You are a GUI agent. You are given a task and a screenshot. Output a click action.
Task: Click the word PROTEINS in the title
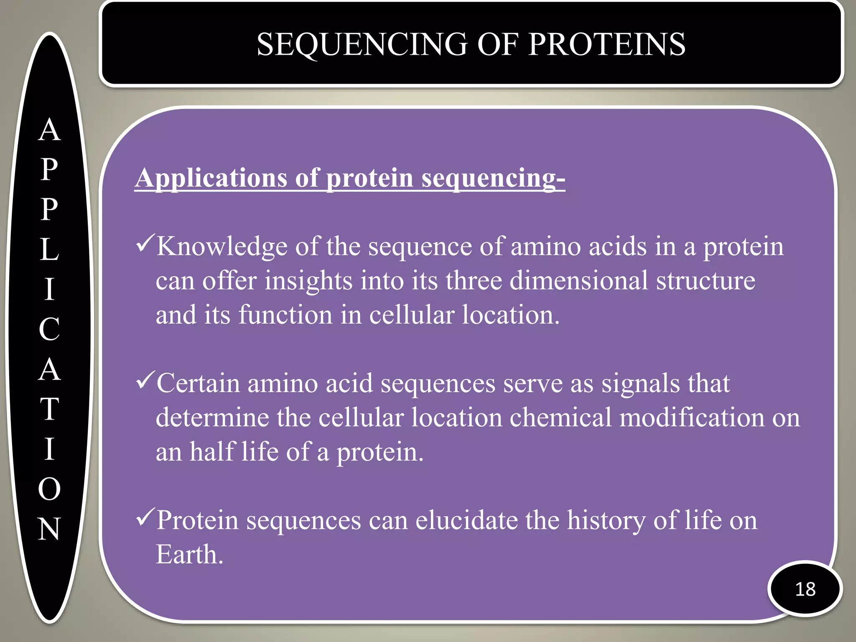(x=606, y=44)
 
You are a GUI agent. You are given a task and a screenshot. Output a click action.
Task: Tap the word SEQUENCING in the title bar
(x=362, y=44)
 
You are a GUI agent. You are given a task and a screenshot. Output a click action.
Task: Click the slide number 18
(x=805, y=589)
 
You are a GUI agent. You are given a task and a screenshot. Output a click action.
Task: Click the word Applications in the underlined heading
(x=211, y=178)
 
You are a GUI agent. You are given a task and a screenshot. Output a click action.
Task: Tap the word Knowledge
(x=222, y=246)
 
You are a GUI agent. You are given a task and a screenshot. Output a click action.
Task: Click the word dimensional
(x=578, y=280)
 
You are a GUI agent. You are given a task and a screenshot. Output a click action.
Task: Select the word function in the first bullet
(x=285, y=315)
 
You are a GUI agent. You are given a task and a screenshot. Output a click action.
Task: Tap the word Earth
(x=189, y=555)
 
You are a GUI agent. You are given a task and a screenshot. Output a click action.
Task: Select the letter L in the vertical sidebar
(x=49, y=249)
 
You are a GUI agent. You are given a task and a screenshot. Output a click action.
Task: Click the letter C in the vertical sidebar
(x=49, y=329)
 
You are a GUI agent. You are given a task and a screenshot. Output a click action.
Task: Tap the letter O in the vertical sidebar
(x=49, y=489)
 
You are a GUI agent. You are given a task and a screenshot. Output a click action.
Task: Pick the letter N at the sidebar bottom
(x=49, y=529)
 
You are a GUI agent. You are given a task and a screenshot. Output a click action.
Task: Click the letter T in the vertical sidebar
(x=49, y=409)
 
